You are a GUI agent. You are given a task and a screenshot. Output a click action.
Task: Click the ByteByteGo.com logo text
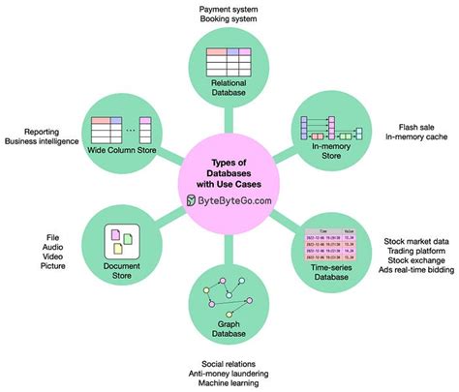(x=236, y=199)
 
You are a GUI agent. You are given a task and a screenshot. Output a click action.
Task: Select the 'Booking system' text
(x=229, y=19)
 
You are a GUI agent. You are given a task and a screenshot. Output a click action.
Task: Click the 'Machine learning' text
(x=229, y=384)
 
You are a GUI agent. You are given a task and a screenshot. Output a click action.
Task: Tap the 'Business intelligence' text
(x=46, y=139)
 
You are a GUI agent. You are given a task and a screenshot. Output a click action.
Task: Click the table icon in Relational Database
(x=229, y=59)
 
